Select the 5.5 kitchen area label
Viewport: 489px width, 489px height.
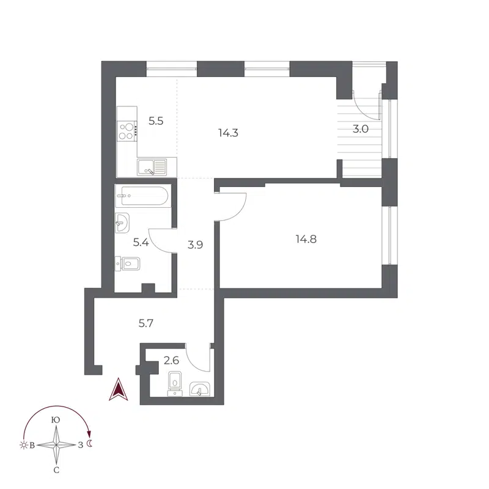point(156,121)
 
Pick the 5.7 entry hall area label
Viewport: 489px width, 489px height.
point(145,324)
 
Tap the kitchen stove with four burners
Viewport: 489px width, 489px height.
point(127,130)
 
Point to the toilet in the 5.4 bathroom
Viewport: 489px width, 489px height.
point(129,264)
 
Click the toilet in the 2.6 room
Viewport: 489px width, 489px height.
point(176,381)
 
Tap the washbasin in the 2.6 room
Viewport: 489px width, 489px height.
point(200,389)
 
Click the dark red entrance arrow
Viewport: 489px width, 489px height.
point(117,389)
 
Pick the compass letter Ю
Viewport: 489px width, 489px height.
point(56,420)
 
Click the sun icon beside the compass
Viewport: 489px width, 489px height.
point(24,445)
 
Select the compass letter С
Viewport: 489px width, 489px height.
point(56,470)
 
